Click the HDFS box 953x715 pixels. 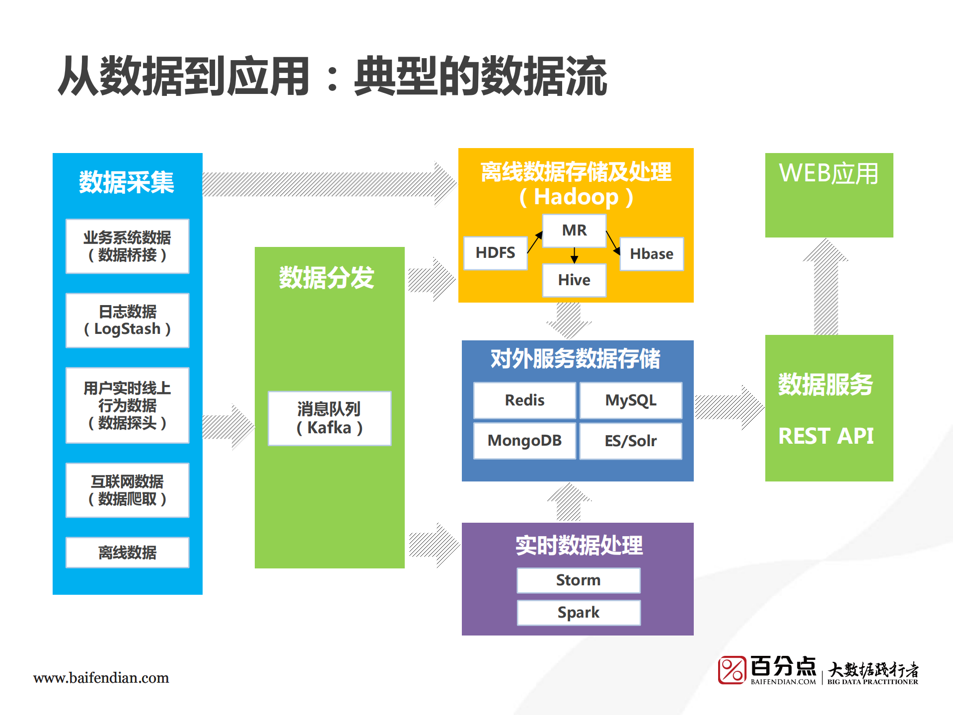pyautogui.click(x=495, y=253)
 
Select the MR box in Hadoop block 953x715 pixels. pyautogui.click(x=574, y=231)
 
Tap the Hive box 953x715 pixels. pyautogui.click(x=574, y=280)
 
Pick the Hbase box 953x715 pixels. pyautogui.click(x=652, y=254)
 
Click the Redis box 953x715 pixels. pyautogui.click(x=524, y=400)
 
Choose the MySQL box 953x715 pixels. pyautogui.click(x=631, y=400)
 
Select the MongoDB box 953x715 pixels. pyautogui.click(x=524, y=441)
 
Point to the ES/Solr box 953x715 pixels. pyautogui.click(x=631, y=441)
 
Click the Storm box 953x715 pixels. pyautogui.click(x=579, y=580)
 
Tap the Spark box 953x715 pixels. pyautogui.click(x=579, y=613)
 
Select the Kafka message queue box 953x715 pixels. pyautogui.click(x=330, y=418)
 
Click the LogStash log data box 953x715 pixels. pyautogui.click(x=128, y=320)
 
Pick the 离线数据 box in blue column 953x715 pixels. pyautogui.click(x=128, y=553)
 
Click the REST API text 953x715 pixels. pyautogui.click(x=826, y=436)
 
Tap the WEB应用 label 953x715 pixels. pyautogui.click(x=828, y=174)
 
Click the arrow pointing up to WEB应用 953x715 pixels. pyautogui.click(x=826, y=286)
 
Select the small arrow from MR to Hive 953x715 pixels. pyautogui.click(x=575, y=255)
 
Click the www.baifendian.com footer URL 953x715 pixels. pyautogui.click(x=101, y=678)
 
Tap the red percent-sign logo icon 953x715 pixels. pyautogui.click(x=732, y=670)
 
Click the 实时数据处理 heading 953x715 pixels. pyautogui.click(x=579, y=546)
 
